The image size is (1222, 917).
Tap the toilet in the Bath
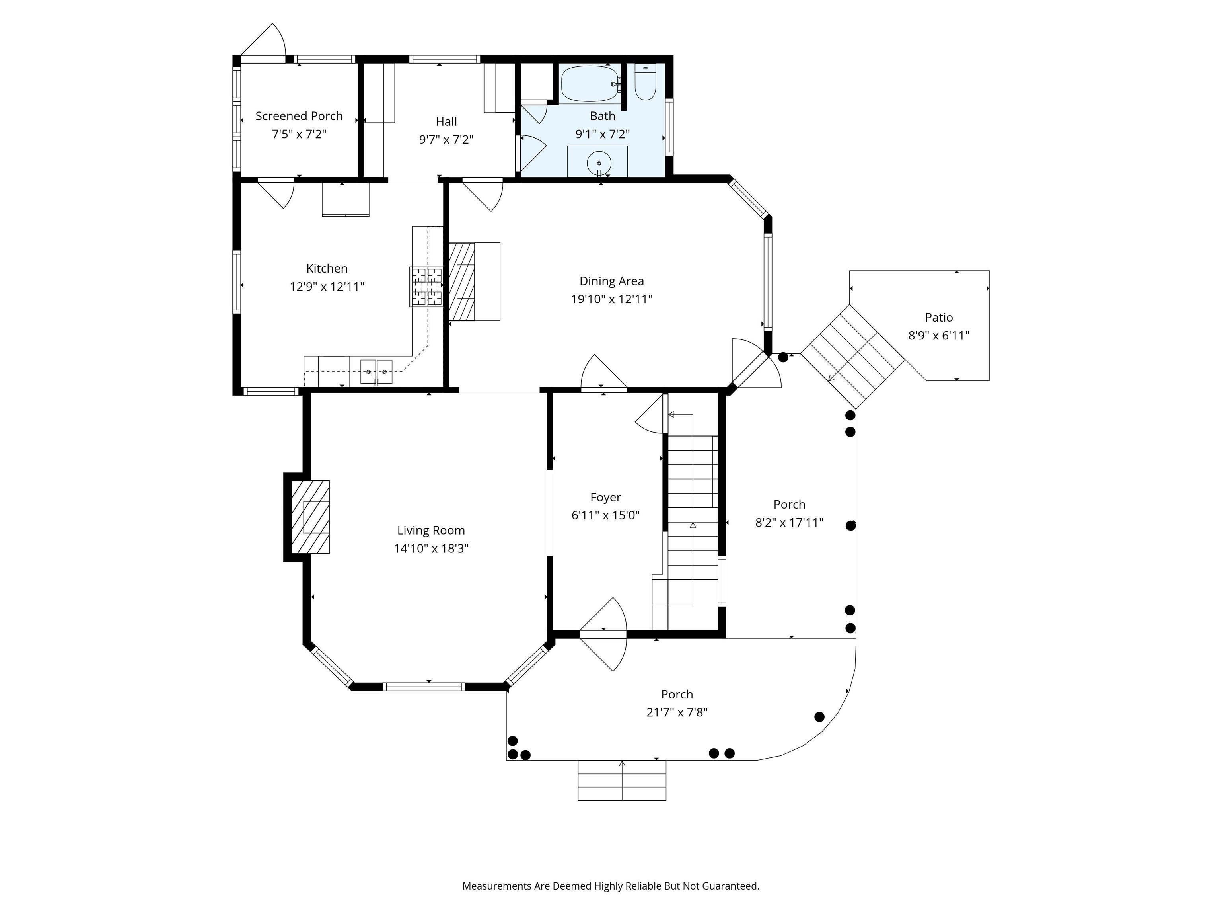tap(645, 82)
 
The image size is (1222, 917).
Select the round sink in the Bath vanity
tap(599, 163)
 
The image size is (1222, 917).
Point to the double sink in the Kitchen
tap(376, 371)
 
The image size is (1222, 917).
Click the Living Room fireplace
tap(310, 517)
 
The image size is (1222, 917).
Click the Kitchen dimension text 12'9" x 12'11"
tap(327, 286)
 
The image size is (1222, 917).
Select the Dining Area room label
tap(611, 281)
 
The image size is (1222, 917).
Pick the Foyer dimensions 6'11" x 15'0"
tap(605, 515)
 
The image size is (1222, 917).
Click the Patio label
tap(939, 317)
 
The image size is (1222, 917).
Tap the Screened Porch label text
tap(299, 116)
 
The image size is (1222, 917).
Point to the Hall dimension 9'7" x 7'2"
tap(446, 139)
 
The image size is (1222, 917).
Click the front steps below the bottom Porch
tap(622, 780)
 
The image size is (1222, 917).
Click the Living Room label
tap(431, 531)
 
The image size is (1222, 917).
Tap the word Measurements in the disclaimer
tap(497, 886)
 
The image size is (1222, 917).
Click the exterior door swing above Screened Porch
tap(263, 40)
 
